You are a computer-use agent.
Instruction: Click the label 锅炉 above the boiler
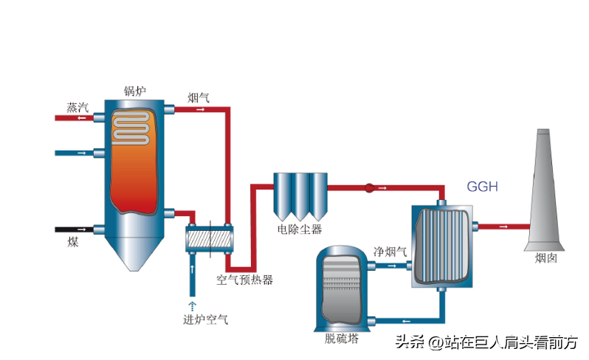(134, 91)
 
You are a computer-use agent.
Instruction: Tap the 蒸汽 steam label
(77, 107)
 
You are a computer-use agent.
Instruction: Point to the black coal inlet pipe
(74, 229)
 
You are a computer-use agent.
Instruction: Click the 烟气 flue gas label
(198, 97)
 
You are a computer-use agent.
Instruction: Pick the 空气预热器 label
(244, 280)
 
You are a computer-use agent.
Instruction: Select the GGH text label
(482, 187)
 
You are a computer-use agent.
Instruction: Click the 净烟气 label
(390, 251)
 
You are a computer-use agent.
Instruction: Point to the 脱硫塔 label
(341, 339)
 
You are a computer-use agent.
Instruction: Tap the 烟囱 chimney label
(546, 258)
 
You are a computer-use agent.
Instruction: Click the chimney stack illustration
(545, 192)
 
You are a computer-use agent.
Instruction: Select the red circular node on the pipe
(369, 188)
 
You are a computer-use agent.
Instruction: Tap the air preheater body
(209, 240)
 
